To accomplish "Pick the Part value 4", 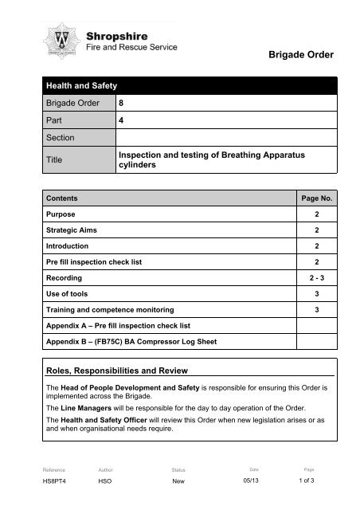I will point(121,122).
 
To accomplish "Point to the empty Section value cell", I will point(227,140).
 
